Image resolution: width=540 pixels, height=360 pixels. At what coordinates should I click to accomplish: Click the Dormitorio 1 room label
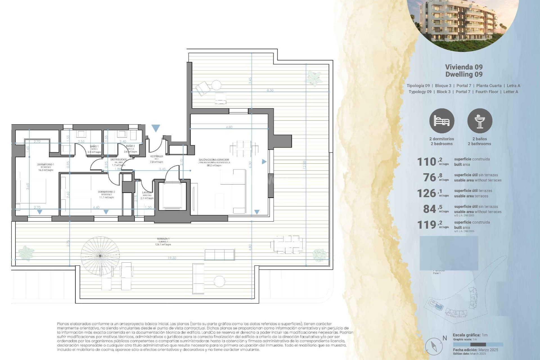pos(46,165)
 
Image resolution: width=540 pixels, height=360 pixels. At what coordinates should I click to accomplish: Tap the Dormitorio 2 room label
pos(106,192)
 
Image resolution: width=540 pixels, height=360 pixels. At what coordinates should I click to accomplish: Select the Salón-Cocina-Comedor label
pos(214,160)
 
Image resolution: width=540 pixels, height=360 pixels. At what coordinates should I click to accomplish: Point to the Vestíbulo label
pos(156,156)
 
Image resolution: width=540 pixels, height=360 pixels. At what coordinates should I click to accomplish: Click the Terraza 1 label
pos(163,239)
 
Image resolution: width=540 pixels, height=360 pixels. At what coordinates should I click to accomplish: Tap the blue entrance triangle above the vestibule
pos(156,128)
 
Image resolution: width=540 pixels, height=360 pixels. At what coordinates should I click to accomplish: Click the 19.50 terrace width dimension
pos(172,258)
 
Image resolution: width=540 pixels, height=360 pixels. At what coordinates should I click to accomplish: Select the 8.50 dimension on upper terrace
pos(270,90)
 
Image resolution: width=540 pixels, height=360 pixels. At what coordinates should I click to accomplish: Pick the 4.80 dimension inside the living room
pos(229,127)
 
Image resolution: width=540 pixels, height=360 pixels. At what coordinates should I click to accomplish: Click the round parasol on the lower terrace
pos(100,255)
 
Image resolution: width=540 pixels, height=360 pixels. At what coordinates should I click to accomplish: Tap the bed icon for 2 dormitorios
pos(442,121)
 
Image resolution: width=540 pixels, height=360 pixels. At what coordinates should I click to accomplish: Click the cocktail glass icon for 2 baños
pos(480,121)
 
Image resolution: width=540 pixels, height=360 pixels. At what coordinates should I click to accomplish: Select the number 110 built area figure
pos(427,162)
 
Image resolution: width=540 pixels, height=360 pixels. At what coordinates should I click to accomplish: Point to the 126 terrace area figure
pos(427,193)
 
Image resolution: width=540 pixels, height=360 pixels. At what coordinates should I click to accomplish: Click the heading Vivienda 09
pos(464,67)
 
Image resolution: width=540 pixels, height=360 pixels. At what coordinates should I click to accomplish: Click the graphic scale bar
pos(478,345)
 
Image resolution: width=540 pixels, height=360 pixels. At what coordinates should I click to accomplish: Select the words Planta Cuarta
pos(489,85)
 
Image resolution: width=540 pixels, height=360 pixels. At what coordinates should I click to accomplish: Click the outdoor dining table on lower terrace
pos(287,244)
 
